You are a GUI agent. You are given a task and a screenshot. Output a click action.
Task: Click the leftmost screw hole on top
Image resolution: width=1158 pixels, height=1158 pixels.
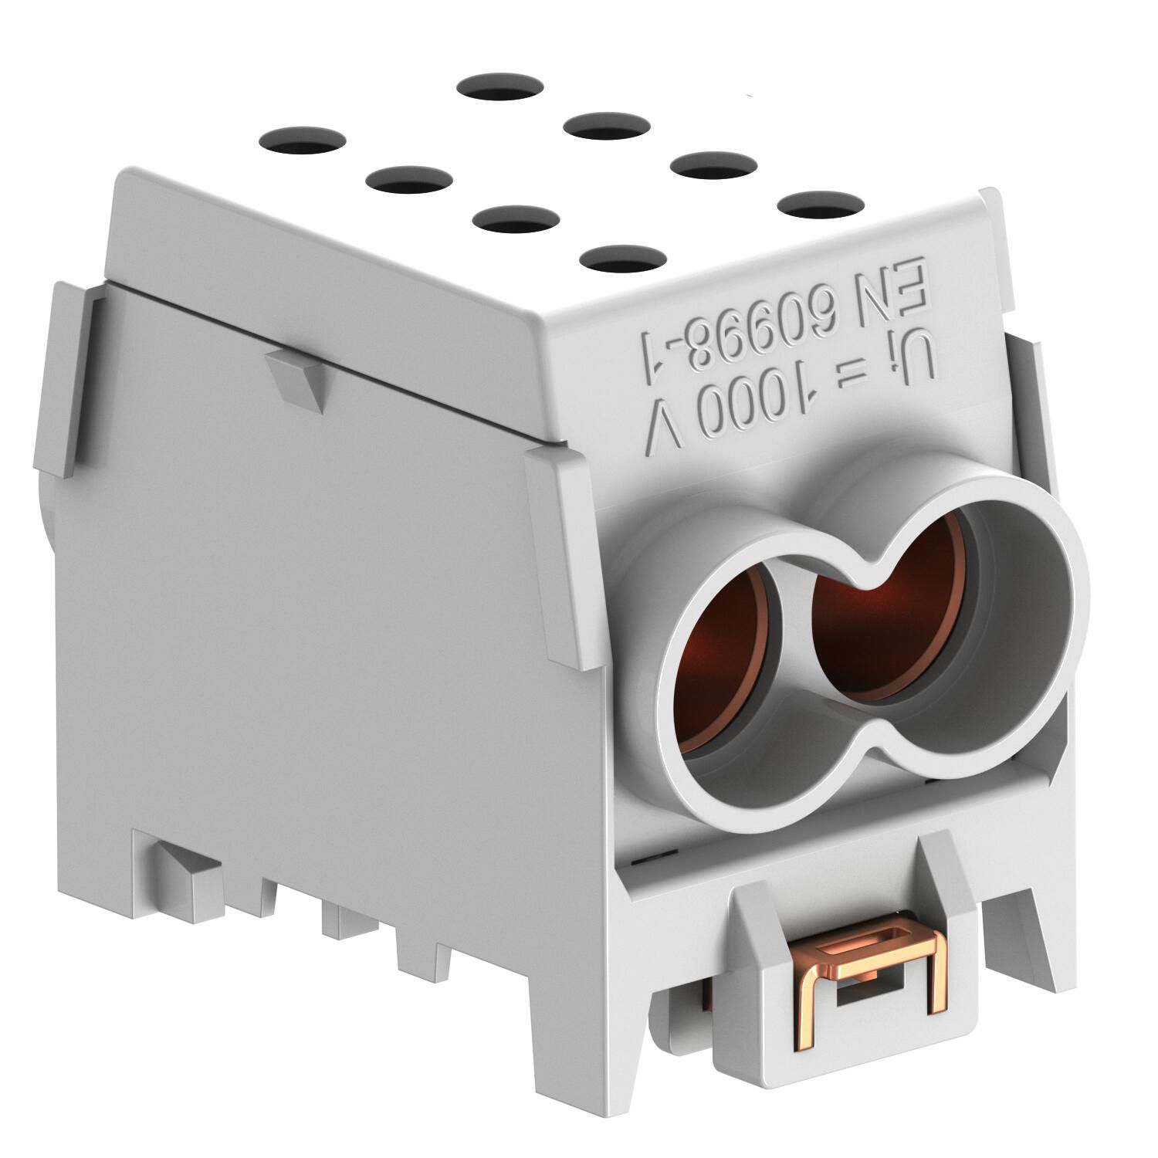pyautogui.click(x=303, y=141)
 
